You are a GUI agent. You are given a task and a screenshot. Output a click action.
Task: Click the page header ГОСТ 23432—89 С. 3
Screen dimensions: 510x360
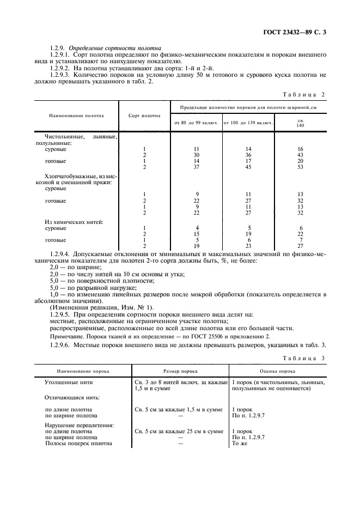pos(297,32)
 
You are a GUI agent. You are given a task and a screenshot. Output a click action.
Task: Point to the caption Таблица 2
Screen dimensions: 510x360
pos(307,94)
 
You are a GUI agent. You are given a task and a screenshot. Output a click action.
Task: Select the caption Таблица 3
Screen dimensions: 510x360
pos(307,359)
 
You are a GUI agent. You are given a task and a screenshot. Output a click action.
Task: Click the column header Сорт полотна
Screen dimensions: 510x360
pos(144,116)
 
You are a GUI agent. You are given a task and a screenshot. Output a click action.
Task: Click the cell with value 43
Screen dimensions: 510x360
pos(300,155)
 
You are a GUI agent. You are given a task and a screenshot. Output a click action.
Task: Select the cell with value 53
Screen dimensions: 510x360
pos(300,167)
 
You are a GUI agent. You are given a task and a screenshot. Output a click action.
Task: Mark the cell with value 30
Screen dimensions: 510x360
pos(196,155)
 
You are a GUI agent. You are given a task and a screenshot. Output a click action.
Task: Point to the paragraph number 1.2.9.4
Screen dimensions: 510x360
pos(62,254)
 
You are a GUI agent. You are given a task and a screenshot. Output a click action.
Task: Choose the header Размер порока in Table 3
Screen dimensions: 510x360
pos(180,371)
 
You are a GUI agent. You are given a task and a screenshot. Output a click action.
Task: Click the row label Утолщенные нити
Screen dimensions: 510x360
pos(65,383)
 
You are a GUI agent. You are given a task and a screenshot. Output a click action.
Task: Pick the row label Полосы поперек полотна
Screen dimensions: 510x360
pos(78,444)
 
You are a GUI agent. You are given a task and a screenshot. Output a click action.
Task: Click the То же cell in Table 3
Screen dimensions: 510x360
pos(240,444)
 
